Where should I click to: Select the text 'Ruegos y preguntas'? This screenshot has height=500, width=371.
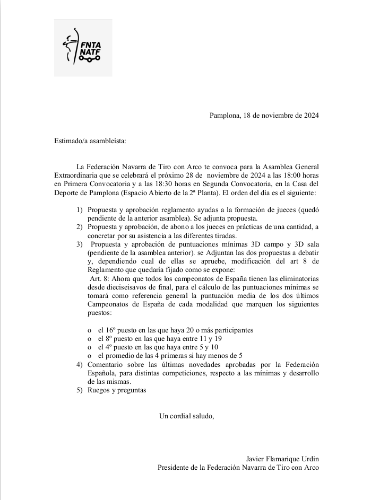117,390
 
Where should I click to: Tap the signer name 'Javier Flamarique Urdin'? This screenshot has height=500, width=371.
283,459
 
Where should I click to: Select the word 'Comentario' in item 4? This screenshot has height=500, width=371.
107,364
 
